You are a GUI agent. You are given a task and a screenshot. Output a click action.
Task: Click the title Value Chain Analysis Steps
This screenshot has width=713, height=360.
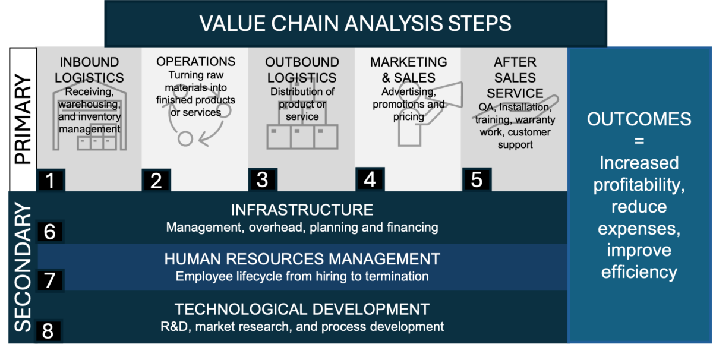355,23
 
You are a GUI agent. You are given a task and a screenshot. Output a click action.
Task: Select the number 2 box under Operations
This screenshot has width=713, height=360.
156,180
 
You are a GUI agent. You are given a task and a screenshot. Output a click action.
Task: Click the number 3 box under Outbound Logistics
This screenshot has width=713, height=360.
262,179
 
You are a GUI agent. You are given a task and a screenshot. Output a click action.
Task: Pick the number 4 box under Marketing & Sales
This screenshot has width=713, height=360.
370,179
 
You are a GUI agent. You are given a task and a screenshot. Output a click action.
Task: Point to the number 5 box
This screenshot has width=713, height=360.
477,179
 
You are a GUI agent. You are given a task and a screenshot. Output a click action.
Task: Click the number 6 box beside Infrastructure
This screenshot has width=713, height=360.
50,231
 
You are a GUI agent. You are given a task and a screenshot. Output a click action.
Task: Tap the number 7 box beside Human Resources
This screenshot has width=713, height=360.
50,280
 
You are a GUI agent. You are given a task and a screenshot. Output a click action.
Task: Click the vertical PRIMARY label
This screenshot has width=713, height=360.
23,119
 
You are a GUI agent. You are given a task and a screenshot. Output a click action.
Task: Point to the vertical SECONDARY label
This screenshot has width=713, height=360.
23,267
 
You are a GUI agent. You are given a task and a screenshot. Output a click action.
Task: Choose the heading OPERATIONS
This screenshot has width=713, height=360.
195,62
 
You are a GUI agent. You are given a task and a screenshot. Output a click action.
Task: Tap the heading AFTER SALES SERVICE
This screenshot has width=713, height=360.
515,77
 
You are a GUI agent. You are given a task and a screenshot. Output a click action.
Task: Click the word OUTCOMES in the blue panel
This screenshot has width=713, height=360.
639,119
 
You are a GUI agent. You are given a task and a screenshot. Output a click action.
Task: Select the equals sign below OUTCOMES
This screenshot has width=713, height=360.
639,141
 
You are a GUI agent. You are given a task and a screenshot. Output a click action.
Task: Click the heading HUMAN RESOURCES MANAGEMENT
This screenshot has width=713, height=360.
302,259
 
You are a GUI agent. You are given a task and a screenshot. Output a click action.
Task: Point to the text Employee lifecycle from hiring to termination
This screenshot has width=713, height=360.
302,276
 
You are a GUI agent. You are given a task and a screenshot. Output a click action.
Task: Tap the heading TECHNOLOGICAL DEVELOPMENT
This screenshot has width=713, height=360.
302,310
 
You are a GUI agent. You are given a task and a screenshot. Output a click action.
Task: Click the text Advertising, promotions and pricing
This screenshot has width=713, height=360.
408,105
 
